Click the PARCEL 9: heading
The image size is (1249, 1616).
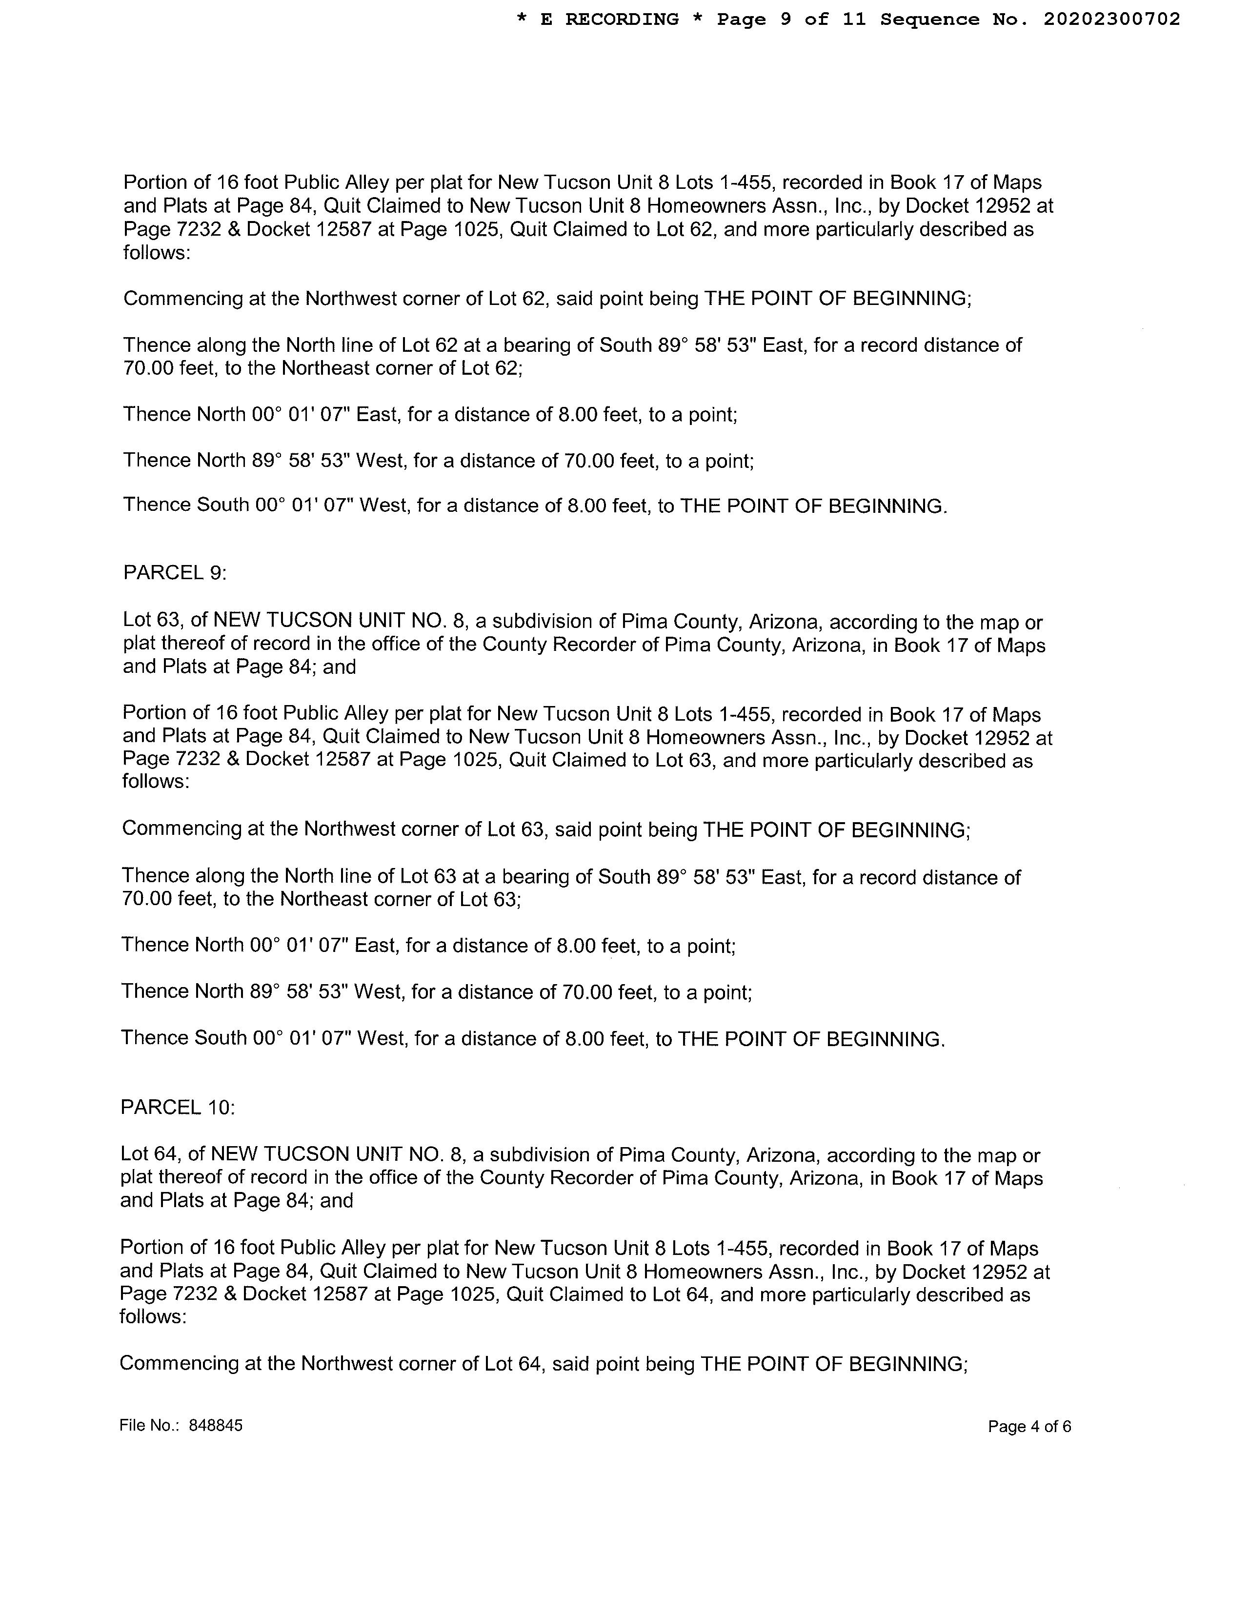175,573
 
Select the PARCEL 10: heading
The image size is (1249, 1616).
178,1107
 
